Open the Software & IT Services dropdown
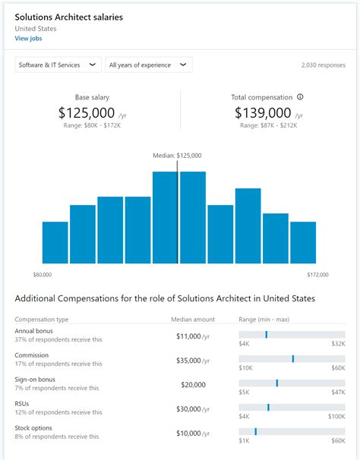58,65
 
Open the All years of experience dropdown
148,65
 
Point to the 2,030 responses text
323,66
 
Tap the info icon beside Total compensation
300,97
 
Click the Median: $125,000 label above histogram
178,156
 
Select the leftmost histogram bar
55,242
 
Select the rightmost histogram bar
303,242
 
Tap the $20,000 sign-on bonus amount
193,384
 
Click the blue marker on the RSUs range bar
268,407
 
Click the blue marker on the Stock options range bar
255,431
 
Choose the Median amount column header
193,320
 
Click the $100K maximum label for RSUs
336,417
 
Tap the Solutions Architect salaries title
69,17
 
